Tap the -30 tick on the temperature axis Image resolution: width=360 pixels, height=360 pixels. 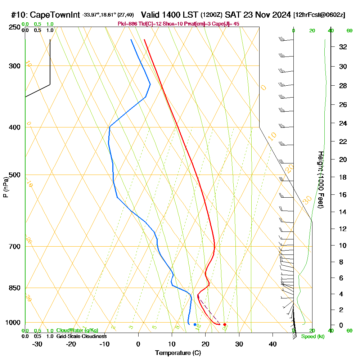[37, 344]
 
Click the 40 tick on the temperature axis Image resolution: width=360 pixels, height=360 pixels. [273, 344]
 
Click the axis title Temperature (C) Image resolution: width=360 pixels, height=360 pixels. [178, 353]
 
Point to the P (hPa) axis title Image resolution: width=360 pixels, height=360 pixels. [5, 187]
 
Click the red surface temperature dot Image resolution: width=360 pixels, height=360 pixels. [225, 324]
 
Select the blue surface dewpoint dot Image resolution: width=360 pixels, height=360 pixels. [195, 324]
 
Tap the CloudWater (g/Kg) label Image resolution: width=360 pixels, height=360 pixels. [77, 330]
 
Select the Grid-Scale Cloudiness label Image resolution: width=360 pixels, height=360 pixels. [81, 336]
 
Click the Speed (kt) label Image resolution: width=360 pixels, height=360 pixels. [313, 337]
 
